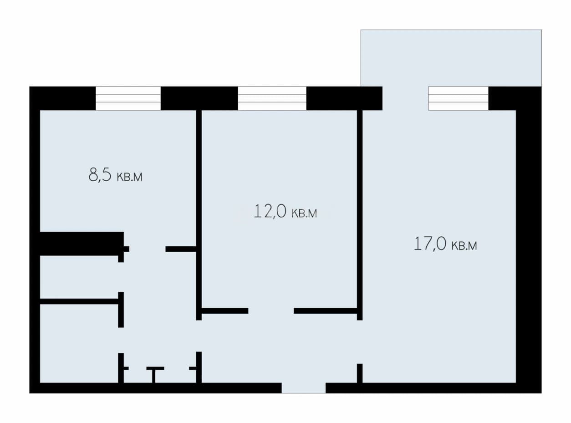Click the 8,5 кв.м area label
[115, 175]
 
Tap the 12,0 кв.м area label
[285, 211]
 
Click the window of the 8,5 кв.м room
[128, 98]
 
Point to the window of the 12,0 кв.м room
[272, 98]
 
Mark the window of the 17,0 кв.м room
[458, 98]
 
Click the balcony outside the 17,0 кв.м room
[451, 58]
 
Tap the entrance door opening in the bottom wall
[304, 388]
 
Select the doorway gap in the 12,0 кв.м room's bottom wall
[271, 311]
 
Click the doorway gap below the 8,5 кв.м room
[147, 249]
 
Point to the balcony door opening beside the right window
[405, 98]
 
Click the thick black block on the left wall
[82, 244]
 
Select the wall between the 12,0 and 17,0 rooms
[360, 215]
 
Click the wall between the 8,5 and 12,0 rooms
[199, 215]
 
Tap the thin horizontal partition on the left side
[79, 301]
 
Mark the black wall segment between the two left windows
[199, 98]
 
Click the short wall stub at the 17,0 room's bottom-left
[360, 373]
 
